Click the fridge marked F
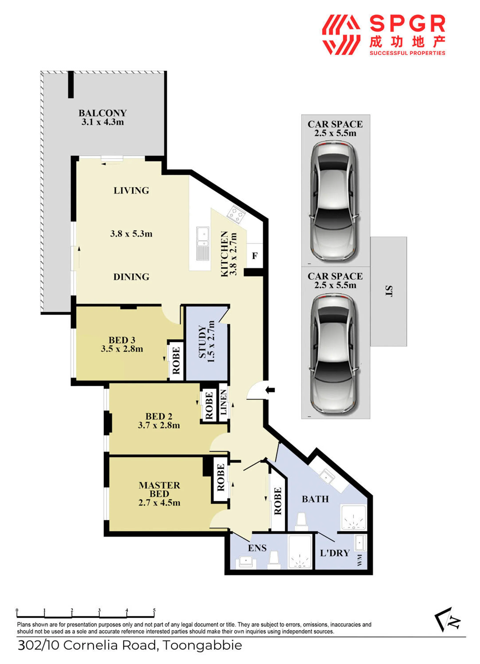pos(255,256)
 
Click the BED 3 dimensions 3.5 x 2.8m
pos(122,349)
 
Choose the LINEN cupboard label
pos(223,402)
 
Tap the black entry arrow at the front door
pos(270,390)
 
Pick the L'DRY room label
pos(335,553)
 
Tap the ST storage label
pos(388,291)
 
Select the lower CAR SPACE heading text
pos(335,276)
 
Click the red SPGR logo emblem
pos(341,35)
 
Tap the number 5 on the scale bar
pos(154,610)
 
